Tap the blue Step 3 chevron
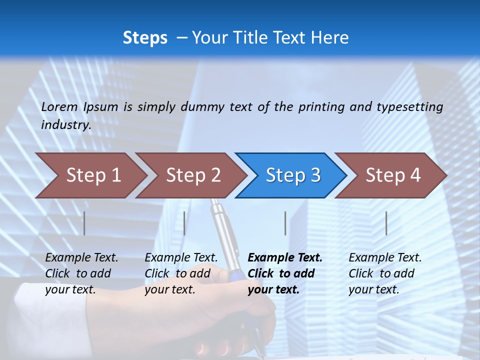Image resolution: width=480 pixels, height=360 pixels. click(x=293, y=175)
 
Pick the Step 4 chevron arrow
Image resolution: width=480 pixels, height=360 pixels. click(x=393, y=175)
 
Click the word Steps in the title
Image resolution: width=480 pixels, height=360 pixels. click(x=145, y=37)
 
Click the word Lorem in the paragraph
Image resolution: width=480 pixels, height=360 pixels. click(x=59, y=106)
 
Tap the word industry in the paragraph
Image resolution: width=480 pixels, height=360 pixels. click(x=65, y=125)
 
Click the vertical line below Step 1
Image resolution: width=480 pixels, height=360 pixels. click(x=84, y=223)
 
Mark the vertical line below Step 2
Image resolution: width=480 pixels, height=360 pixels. click(x=184, y=223)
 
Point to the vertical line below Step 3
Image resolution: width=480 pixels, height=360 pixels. click(x=285, y=223)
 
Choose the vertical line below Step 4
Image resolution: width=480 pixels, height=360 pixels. click(x=386, y=223)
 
